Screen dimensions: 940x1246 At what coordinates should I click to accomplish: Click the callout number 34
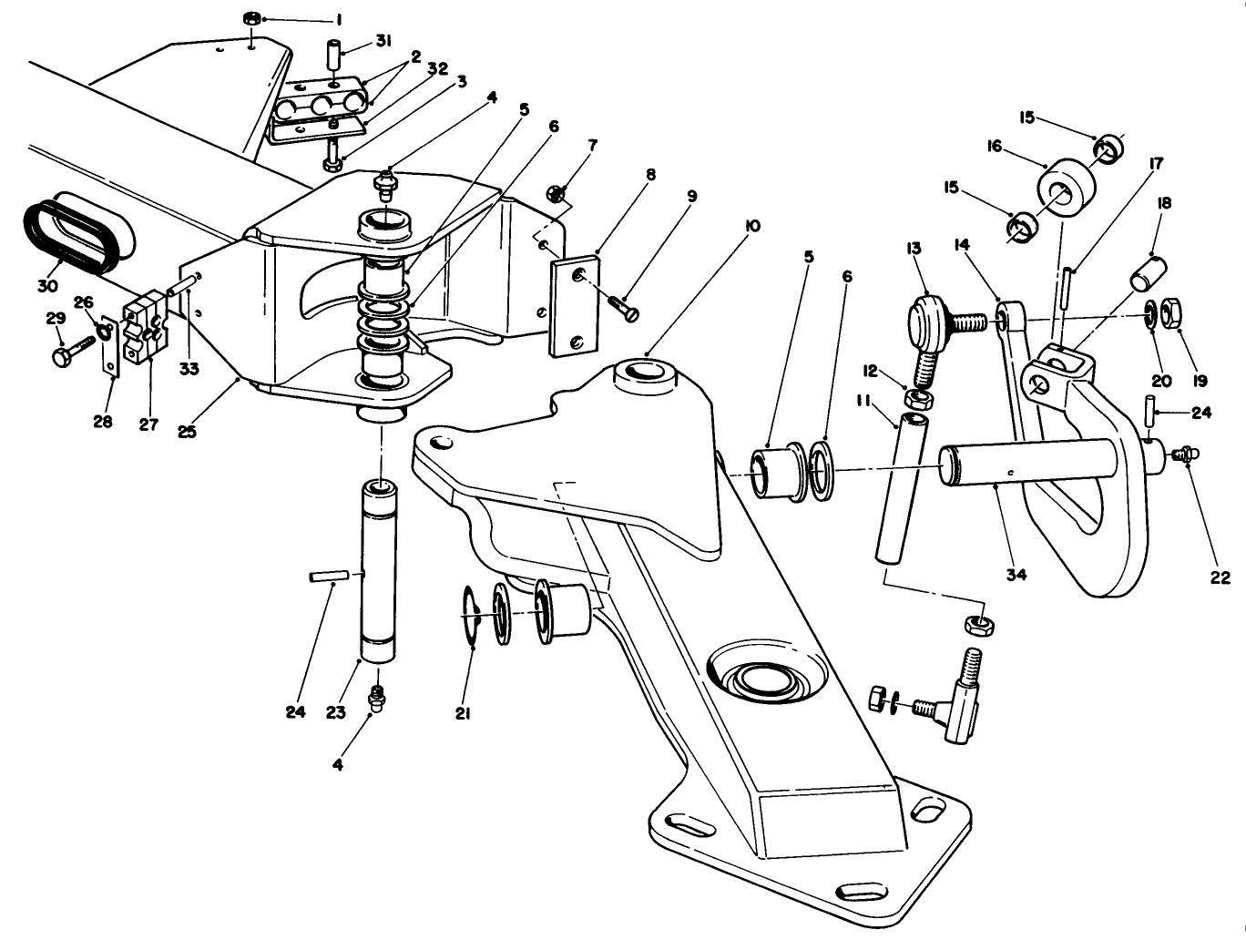[1016, 575]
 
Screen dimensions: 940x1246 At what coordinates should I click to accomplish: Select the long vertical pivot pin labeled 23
[378, 569]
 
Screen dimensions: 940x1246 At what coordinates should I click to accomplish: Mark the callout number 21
[463, 714]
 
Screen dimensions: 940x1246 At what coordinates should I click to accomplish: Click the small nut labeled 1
[252, 18]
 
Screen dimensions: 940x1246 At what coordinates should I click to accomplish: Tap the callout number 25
[187, 432]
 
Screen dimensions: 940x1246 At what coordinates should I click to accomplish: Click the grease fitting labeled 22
[1184, 452]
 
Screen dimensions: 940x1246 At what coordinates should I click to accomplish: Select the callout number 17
[1156, 165]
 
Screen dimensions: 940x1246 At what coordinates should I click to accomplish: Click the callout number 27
[148, 424]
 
